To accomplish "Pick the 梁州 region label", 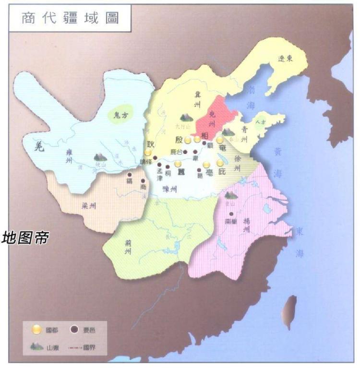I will pyautogui.click(x=89, y=206).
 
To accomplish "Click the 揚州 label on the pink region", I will pyautogui.click(x=246, y=226).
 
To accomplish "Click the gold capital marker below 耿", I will pyautogui.click(x=148, y=153).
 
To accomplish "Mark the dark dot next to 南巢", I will pyautogui.click(x=231, y=214).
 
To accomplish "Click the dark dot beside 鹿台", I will pyautogui.click(x=185, y=152).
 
